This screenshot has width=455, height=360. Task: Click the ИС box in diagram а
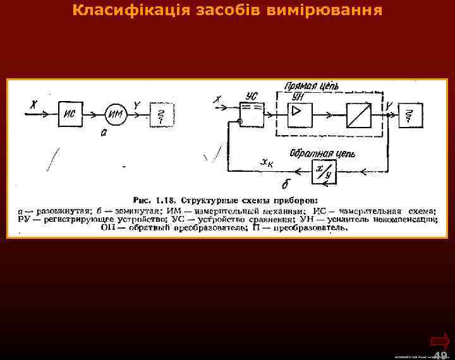(x=71, y=115)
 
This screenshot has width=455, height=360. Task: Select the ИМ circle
(x=115, y=114)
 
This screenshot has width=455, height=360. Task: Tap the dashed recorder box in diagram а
(x=162, y=114)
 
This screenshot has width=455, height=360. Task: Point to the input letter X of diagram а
(x=33, y=104)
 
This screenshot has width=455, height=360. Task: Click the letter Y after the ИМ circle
(x=137, y=105)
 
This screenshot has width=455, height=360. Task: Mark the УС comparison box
(x=252, y=115)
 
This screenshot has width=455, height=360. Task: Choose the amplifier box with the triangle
(x=296, y=114)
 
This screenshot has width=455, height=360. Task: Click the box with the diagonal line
(x=359, y=114)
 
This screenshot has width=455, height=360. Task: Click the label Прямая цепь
(x=312, y=86)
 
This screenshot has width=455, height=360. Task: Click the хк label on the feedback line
(x=267, y=163)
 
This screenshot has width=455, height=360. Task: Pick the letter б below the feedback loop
(x=286, y=183)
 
